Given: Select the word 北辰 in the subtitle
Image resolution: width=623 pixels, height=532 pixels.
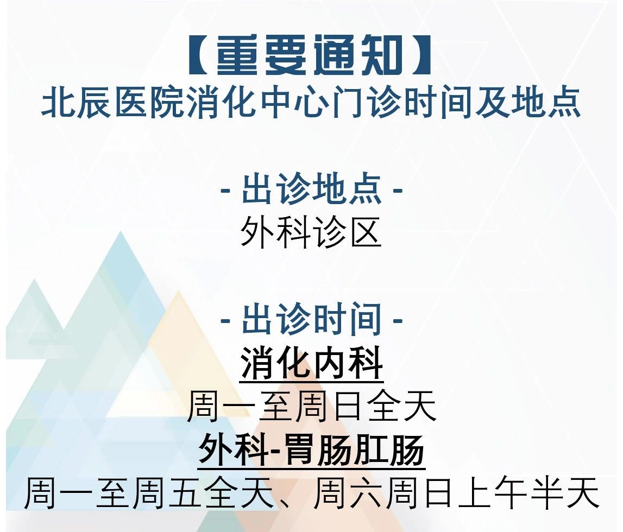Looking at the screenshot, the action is point(76,103).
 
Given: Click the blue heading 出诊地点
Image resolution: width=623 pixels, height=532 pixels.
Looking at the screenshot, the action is point(312,189).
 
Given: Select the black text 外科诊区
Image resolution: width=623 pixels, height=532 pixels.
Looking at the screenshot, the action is point(311,233).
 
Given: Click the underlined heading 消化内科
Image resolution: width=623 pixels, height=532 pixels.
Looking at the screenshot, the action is point(312,363).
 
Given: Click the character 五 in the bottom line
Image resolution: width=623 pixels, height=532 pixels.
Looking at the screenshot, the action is point(185,493).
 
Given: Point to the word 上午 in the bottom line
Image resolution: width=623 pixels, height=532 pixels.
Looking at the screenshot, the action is point(493,493).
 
